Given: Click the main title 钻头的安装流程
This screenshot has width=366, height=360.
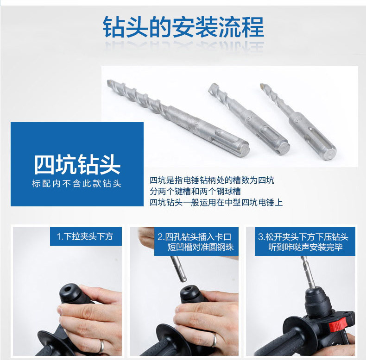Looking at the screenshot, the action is [183, 27].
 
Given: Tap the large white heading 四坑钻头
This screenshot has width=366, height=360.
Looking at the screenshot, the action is [77, 164].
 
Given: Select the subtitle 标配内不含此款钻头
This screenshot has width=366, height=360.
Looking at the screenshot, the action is [77, 184].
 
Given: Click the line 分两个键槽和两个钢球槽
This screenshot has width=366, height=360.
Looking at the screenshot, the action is [196, 192].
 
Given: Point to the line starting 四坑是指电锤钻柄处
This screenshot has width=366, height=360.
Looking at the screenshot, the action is [212, 180].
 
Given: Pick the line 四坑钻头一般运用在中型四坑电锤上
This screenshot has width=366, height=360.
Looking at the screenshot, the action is [216, 202].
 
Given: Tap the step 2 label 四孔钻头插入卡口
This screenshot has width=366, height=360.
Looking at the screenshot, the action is [195, 237].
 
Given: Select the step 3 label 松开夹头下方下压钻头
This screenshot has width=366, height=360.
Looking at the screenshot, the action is [303, 237].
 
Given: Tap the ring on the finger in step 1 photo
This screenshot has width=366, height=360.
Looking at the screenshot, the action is [101, 346].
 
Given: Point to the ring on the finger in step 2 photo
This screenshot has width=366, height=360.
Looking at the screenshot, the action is [214, 340].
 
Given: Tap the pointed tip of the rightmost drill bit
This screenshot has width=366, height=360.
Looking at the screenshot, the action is [262, 86].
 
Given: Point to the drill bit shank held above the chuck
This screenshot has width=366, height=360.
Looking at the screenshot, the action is [178, 269].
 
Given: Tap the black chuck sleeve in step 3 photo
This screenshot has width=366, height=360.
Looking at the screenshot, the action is [317, 303].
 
